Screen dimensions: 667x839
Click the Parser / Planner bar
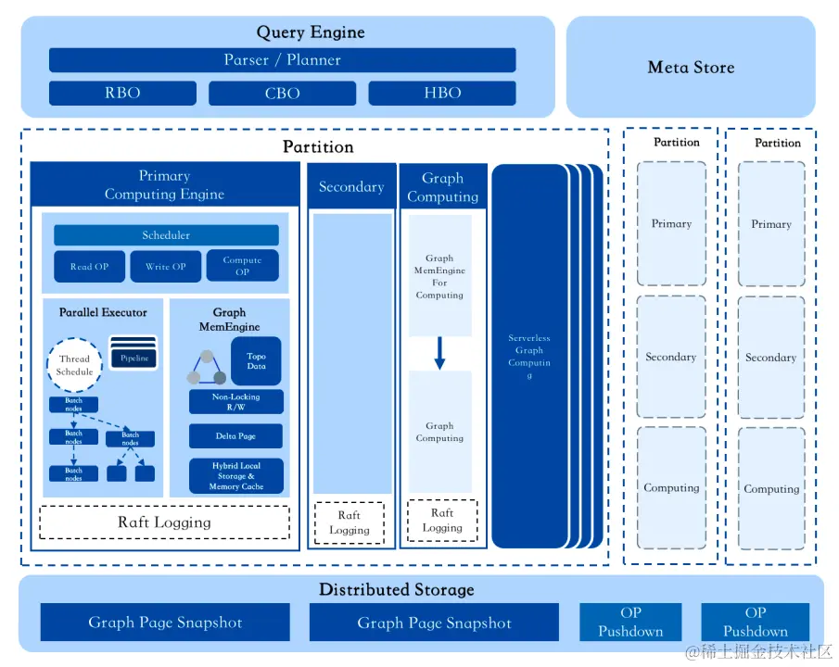click(x=282, y=60)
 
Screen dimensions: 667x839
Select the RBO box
click(x=122, y=94)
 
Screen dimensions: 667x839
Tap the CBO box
click(x=282, y=94)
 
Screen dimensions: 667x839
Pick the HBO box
click(x=442, y=94)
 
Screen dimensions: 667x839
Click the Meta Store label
click(x=691, y=68)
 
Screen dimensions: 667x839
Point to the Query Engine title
click(x=311, y=32)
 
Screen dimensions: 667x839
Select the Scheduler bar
click(x=166, y=235)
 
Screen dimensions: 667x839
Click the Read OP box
click(x=89, y=267)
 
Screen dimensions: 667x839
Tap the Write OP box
click(x=166, y=267)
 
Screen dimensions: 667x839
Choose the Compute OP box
click(x=242, y=266)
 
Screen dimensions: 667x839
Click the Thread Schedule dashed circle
click(x=74, y=365)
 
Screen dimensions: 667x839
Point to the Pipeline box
click(x=134, y=358)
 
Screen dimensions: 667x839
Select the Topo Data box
click(x=256, y=360)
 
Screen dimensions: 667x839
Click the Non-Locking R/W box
click(x=236, y=402)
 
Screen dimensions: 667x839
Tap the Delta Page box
click(x=236, y=436)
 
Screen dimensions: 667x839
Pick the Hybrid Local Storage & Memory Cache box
click(x=236, y=476)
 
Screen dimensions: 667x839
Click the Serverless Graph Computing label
click(x=529, y=357)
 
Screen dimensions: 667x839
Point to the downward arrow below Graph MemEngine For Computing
click(x=440, y=352)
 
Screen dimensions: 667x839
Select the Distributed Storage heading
click(x=396, y=590)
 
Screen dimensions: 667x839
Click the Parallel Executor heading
click(x=103, y=313)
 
